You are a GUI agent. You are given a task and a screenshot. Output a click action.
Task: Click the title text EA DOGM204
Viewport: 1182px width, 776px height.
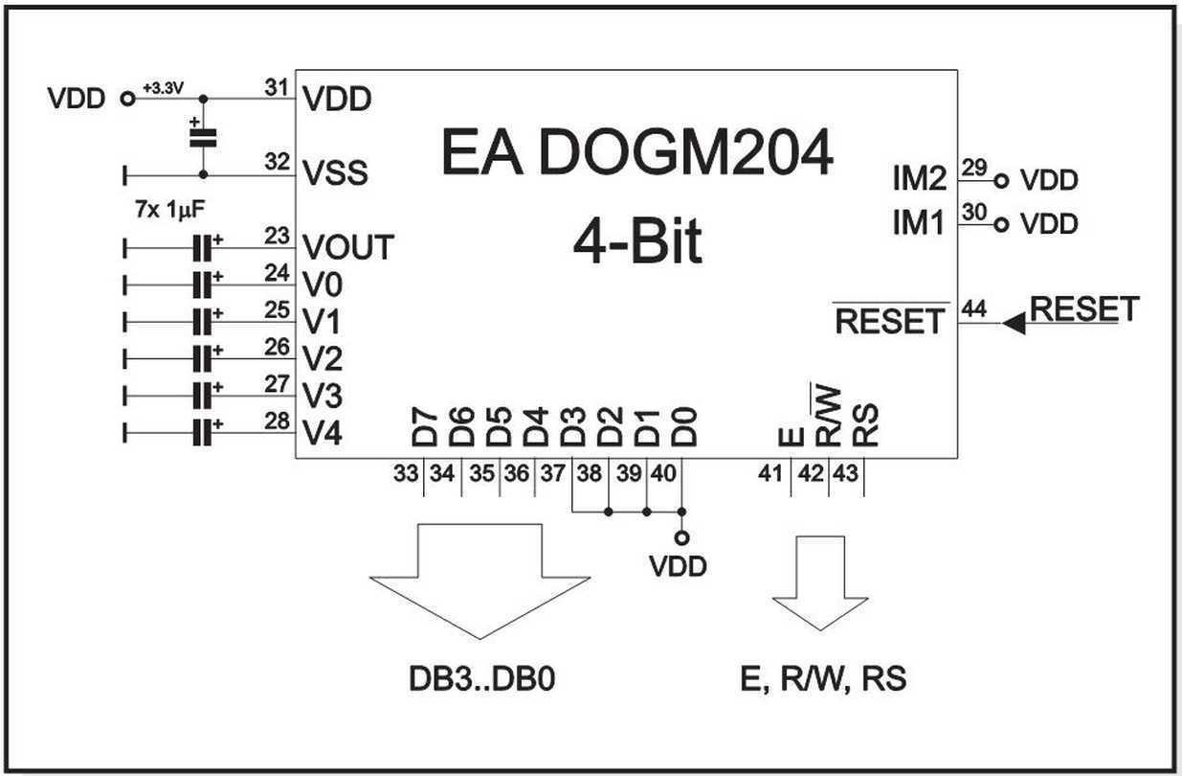pos(636,152)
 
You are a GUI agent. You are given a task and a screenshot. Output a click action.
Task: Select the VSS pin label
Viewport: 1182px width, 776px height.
pos(335,173)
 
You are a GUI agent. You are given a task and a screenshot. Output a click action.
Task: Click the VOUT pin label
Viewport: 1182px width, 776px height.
pos(346,247)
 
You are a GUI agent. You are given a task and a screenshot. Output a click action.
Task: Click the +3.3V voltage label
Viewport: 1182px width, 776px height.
pos(162,88)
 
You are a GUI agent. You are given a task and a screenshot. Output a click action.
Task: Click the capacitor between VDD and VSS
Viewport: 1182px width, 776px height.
pos(202,136)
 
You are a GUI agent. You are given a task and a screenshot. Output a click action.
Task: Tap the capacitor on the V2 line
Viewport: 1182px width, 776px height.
pos(201,358)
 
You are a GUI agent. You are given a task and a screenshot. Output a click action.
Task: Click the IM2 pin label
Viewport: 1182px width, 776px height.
pos(919,179)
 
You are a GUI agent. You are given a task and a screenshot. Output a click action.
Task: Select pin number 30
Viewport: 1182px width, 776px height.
pos(974,216)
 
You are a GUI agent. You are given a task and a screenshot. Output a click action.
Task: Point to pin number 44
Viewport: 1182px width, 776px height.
pos(976,308)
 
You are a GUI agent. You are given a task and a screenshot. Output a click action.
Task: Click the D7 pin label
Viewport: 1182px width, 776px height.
pos(424,428)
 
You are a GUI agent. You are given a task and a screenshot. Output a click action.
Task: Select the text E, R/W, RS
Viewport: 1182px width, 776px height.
pos(823,679)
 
